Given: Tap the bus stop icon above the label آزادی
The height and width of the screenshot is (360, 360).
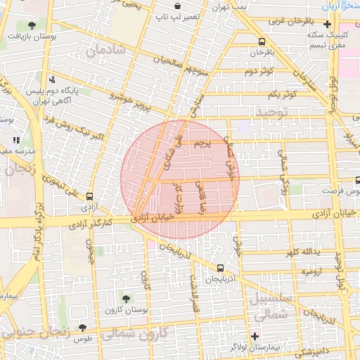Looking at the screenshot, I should coord(89,197).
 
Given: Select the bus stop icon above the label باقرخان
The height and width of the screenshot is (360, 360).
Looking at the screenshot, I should coord(262,41).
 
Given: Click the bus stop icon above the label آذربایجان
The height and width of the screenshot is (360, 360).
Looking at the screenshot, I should coord(221,268).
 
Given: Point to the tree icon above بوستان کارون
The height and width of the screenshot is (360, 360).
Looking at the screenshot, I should coord(127,300).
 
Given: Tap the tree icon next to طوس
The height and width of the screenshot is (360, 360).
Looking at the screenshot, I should coord(84,328).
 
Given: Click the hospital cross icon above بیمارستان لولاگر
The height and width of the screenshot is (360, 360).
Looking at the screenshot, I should coord(255,337).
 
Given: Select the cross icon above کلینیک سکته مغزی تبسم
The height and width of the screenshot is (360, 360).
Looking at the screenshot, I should coord(328,24).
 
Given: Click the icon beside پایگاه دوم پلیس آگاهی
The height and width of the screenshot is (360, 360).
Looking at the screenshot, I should coord(52,80).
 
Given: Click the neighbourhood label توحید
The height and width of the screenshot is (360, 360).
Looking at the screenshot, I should coord(272,112).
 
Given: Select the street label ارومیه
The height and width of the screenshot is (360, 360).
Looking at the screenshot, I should coord(312,270).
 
